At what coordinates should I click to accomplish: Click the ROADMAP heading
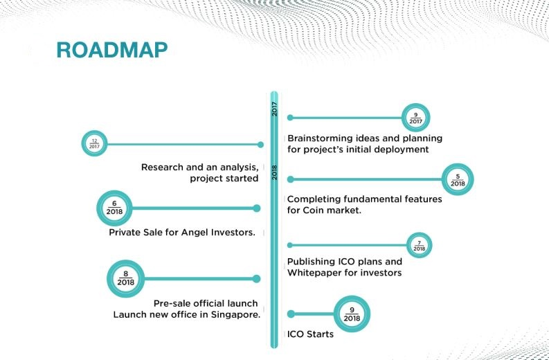(x=112, y=50)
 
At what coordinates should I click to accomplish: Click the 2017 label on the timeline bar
(x=274, y=109)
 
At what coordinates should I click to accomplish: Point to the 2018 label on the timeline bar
(x=274, y=172)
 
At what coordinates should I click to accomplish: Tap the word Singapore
(x=236, y=315)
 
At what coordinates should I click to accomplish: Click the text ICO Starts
(x=310, y=334)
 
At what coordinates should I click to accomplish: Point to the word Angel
(x=194, y=233)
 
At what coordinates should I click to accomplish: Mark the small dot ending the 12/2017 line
(x=260, y=144)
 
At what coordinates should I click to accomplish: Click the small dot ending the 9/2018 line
(x=291, y=314)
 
